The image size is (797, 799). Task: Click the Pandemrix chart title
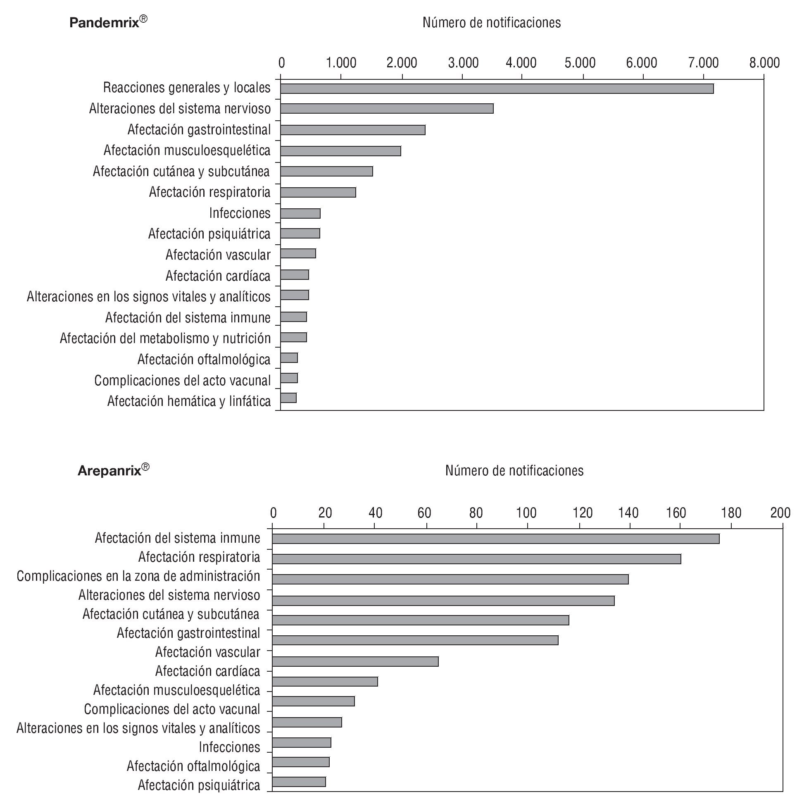click(x=108, y=22)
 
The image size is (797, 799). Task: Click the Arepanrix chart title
click(x=113, y=470)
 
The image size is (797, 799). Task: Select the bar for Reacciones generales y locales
click(x=497, y=88)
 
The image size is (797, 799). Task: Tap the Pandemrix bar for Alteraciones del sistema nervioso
click(x=386, y=108)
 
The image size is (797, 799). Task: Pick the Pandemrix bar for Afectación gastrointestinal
click(x=352, y=130)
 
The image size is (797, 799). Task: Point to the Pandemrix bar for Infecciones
click(x=300, y=213)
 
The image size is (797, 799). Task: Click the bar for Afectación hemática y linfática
click(x=288, y=398)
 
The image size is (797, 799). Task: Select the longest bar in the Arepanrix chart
click(x=495, y=539)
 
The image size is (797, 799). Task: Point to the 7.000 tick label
click(x=703, y=63)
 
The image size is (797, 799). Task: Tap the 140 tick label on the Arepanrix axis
click(x=628, y=513)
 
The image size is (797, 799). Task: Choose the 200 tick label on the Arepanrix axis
click(x=780, y=513)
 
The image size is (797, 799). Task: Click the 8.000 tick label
click(x=764, y=63)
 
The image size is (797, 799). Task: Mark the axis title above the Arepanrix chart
click(x=514, y=471)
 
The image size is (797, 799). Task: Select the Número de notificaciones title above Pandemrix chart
click(x=492, y=23)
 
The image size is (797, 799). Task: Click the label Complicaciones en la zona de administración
click(x=138, y=576)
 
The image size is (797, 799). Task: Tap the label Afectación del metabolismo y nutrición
click(x=165, y=338)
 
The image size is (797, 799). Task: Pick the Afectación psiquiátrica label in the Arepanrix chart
click(x=199, y=785)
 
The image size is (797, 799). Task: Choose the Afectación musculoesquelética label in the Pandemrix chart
click(x=187, y=150)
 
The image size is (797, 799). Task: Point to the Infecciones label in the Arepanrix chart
click(x=229, y=747)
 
